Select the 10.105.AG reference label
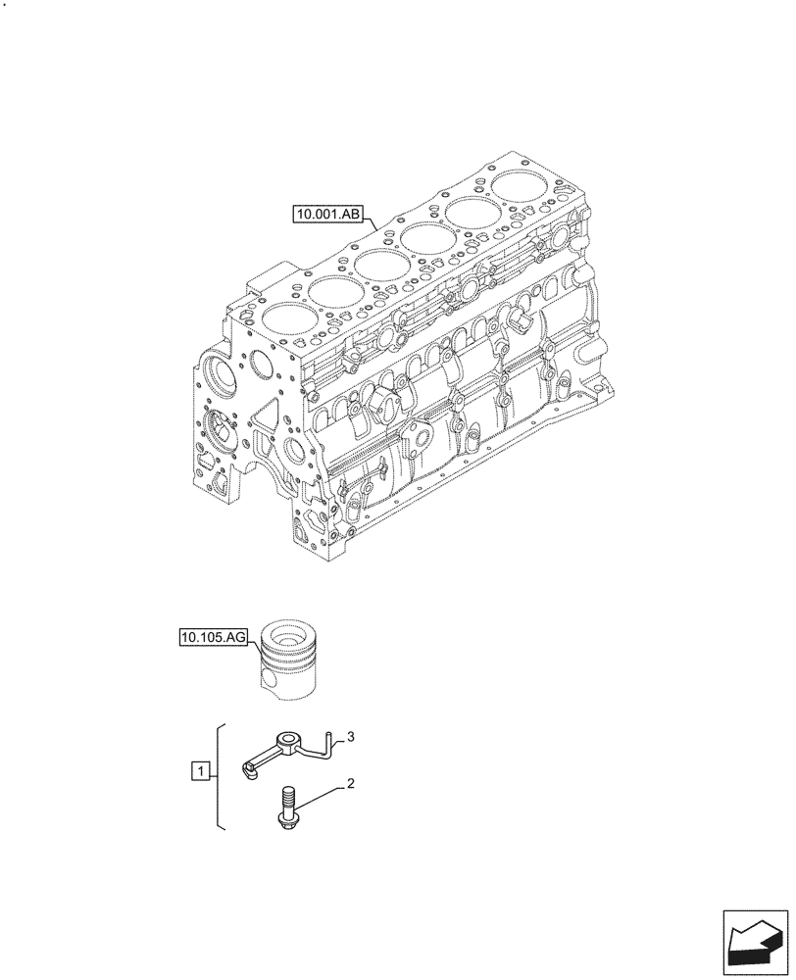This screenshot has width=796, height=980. pyautogui.click(x=214, y=638)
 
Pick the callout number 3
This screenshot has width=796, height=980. pyautogui.click(x=350, y=737)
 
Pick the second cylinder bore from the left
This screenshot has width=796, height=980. pyautogui.click(x=336, y=288)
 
